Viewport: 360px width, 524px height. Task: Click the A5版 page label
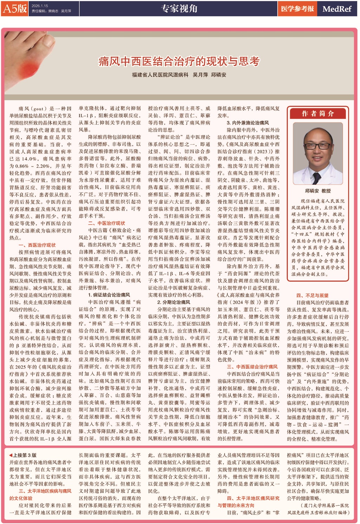pyautogui.click(x=15, y=8)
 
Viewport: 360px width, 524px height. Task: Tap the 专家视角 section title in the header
pyautogui.click(x=179, y=8)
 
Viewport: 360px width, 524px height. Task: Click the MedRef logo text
pyautogui.click(x=337, y=9)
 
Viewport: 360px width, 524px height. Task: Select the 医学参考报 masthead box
pyautogui.click(x=297, y=9)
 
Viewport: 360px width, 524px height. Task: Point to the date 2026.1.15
pyautogui.click(x=39, y=6)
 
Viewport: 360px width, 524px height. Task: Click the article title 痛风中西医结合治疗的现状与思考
pyautogui.click(x=179, y=62)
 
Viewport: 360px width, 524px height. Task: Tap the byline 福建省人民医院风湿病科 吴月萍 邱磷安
pyautogui.click(x=179, y=75)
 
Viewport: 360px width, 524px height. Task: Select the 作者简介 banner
pyautogui.click(x=318, y=114)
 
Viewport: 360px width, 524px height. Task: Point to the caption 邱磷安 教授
pyautogui.click(x=318, y=190)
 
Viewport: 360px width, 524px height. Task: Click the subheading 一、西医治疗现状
pyautogui.click(x=37, y=245)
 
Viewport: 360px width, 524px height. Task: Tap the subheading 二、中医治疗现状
pyautogui.click(x=106, y=223)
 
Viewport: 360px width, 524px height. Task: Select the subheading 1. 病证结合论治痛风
pyautogui.click(x=109, y=295)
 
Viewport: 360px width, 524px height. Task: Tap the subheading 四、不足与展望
pyautogui.click(x=312, y=295)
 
